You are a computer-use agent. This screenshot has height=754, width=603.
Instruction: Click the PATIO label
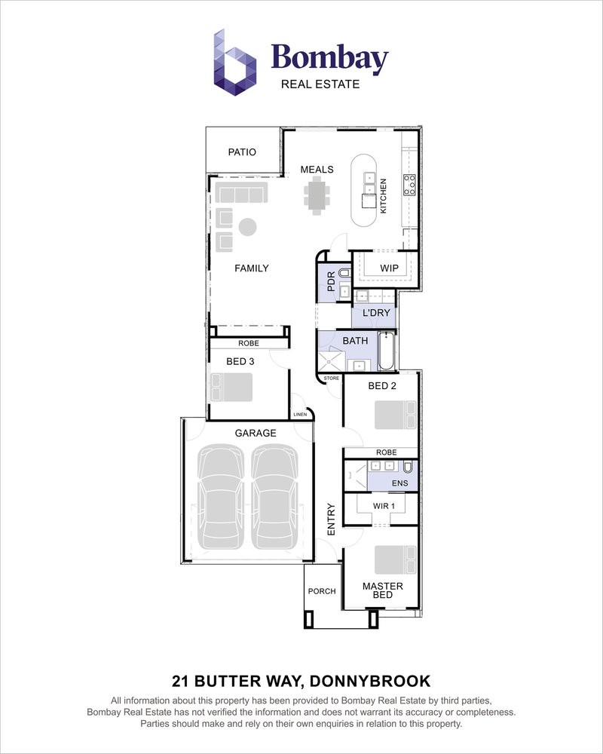pyautogui.click(x=242, y=152)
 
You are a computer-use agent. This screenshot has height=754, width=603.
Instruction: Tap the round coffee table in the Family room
pyautogui.click(x=248, y=227)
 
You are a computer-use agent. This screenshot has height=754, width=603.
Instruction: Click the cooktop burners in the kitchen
pyautogui.click(x=410, y=185)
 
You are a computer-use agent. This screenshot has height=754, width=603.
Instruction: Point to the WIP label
pyautogui.click(x=389, y=268)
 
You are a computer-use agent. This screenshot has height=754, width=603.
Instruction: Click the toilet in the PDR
pyautogui.click(x=344, y=274)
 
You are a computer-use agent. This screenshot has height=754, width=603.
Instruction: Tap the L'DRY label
pyautogui.click(x=376, y=313)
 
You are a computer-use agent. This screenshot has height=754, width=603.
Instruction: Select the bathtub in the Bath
pyautogui.click(x=387, y=351)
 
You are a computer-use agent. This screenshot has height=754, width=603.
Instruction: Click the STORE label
pyautogui.click(x=332, y=379)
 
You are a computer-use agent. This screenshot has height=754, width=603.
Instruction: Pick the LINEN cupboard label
pyautogui.click(x=300, y=415)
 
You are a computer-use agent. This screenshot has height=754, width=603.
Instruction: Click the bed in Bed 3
pyautogui.click(x=231, y=388)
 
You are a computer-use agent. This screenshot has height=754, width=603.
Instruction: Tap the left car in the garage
pyautogui.click(x=221, y=497)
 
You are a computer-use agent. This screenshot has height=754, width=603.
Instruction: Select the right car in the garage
pyautogui.click(x=275, y=497)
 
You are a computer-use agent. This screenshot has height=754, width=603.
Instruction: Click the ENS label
pyautogui.click(x=400, y=483)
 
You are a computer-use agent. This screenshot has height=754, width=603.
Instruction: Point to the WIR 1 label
pyautogui.click(x=384, y=506)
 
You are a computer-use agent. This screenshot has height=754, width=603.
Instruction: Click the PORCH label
pyautogui.click(x=322, y=591)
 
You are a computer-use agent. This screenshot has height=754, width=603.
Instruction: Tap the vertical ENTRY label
pyautogui.click(x=332, y=520)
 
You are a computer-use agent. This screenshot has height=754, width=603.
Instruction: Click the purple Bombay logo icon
pyautogui.click(x=235, y=63)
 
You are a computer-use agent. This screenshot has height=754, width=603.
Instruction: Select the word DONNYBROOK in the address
pyautogui.click(x=370, y=682)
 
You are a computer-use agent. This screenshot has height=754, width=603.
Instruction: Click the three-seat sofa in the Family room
pyautogui.click(x=241, y=192)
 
